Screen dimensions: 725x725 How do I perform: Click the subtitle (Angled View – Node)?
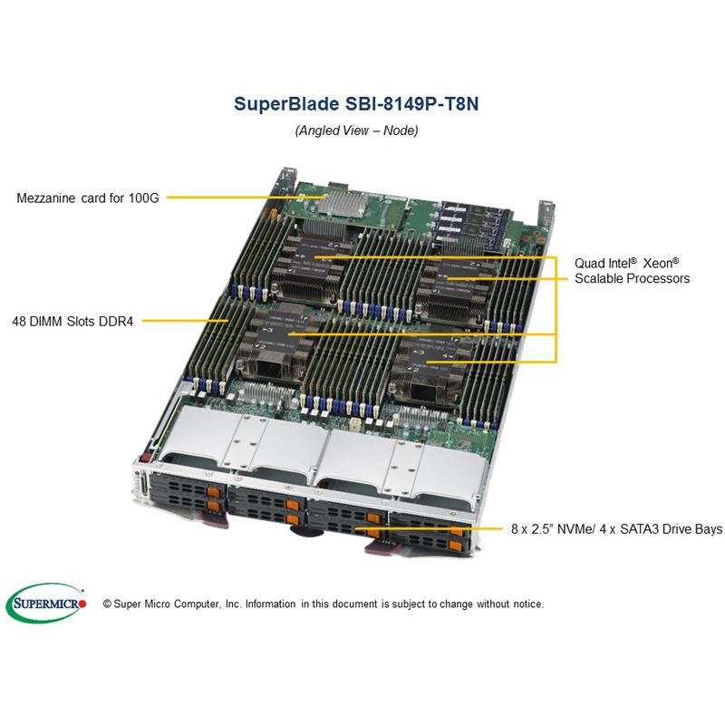356,130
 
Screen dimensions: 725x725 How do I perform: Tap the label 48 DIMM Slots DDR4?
72,320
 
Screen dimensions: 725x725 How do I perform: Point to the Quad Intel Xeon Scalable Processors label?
632,270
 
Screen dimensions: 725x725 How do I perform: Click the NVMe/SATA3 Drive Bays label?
613,528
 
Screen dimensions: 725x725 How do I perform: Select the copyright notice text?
323,604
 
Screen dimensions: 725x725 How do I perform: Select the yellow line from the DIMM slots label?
186,320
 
